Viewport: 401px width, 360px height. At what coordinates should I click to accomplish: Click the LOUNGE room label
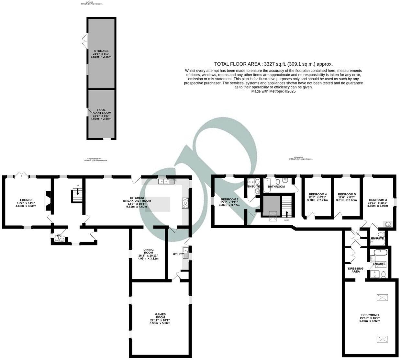point(26,200)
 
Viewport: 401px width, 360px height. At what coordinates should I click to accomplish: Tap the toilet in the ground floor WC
point(58,239)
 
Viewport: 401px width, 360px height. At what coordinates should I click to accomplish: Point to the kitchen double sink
point(166,182)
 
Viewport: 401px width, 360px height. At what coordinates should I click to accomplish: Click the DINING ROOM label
point(148,252)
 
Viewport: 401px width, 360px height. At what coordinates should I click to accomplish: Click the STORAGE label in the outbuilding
point(101,51)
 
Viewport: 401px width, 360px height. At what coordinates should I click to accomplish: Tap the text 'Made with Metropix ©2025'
point(273,92)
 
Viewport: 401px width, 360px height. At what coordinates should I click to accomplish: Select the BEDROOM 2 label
point(229,199)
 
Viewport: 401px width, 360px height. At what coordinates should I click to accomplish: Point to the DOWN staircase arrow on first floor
point(287,214)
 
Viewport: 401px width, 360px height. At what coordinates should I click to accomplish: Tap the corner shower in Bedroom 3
point(387,223)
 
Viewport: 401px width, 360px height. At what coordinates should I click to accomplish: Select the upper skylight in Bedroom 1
point(382,298)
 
